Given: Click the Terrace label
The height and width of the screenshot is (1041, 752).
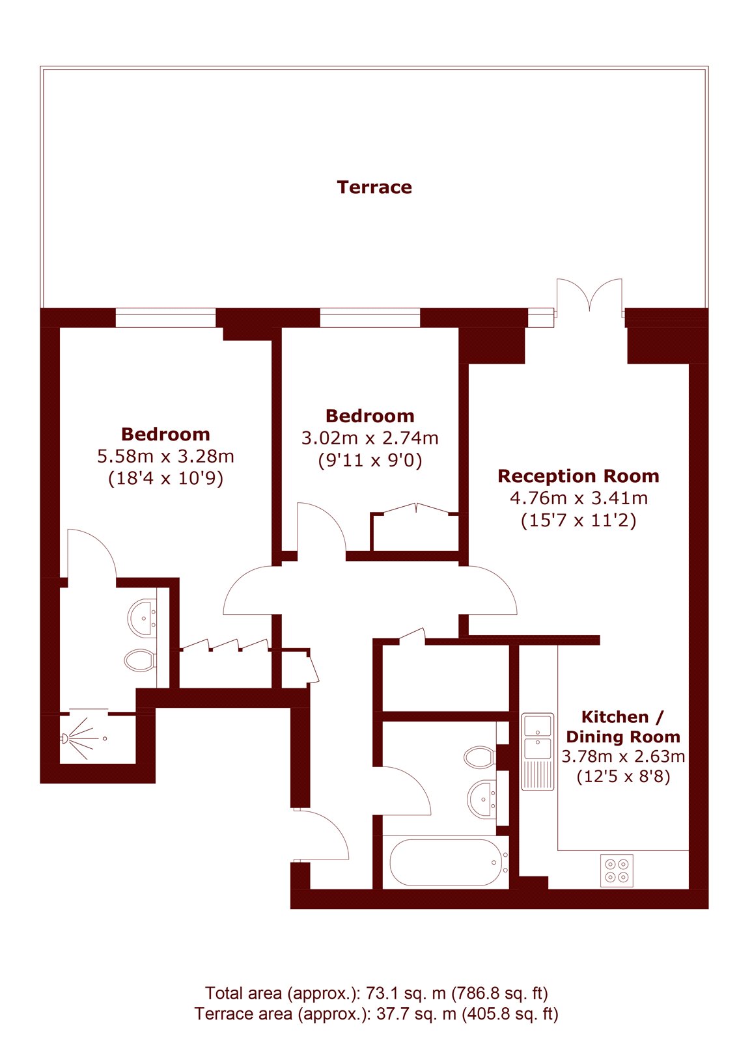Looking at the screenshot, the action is [x=374, y=187].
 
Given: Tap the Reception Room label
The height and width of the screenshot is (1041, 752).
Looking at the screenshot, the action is [x=579, y=476].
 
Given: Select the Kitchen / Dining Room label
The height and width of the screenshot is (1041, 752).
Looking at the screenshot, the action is [x=623, y=727].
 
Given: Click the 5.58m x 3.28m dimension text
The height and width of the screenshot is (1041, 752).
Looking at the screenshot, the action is [x=165, y=456].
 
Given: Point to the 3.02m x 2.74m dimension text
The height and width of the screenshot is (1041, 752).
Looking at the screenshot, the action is [x=370, y=439].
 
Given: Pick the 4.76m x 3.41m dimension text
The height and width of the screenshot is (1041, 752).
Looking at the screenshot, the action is [x=579, y=498].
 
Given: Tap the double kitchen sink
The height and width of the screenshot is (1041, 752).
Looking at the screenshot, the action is [x=538, y=752].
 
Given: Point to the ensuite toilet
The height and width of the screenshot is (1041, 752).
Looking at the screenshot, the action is [x=140, y=660].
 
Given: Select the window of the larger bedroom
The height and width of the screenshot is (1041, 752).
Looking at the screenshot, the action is [x=165, y=318].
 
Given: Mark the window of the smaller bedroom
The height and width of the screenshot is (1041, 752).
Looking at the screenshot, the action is [x=370, y=318].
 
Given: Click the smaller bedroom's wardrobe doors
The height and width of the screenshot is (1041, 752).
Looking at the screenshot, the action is [x=416, y=508].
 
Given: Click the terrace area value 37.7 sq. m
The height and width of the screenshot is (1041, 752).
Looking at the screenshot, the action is [x=416, y=1014].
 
